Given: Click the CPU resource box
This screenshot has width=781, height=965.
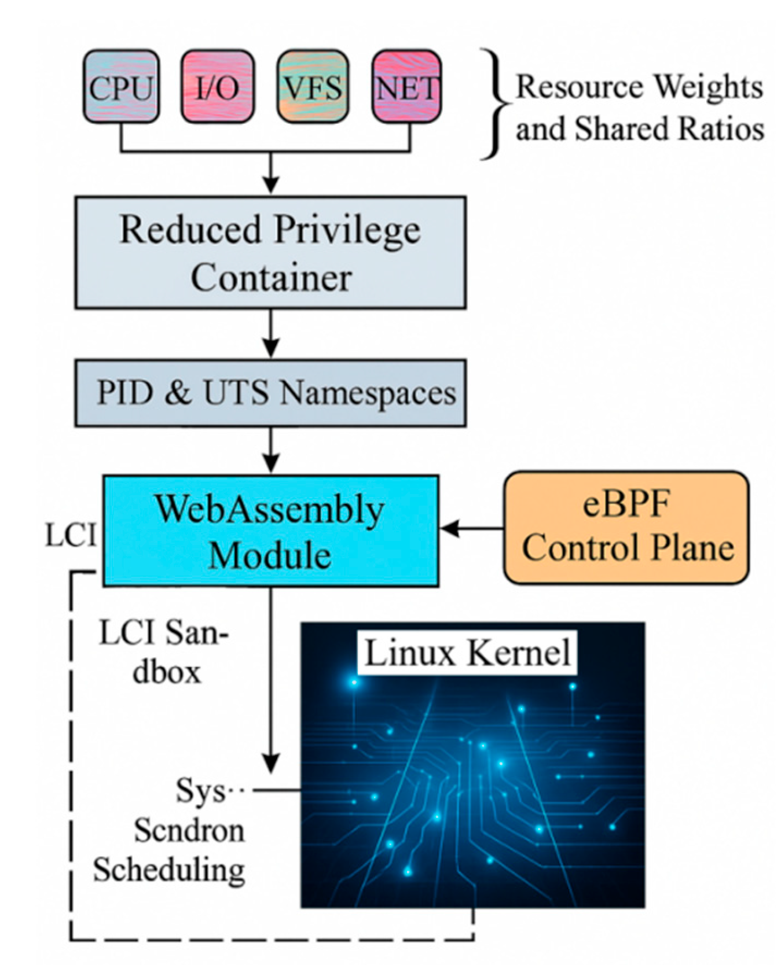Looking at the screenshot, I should pyautogui.click(x=120, y=87).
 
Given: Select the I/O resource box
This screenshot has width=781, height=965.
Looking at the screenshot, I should pyautogui.click(x=217, y=87).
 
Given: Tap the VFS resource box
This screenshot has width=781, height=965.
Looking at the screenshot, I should pyautogui.click(x=313, y=87).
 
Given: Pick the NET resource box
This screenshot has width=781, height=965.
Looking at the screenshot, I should pyautogui.click(x=406, y=87).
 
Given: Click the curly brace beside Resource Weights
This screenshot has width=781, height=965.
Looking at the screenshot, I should pyautogui.click(x=496, y=104).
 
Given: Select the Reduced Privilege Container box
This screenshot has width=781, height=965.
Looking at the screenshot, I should pyautogui.click(x=270, y=252).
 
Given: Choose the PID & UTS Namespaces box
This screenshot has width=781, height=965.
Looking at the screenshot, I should pyautogui.click(x=270, y=393).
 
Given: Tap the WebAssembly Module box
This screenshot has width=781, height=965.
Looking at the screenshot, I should pyautogui.click(x=270, y=531).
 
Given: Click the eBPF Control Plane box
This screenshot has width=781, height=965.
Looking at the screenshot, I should pyautogui.click(x=626, y=528).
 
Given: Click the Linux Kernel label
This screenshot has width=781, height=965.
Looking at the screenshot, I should pyautogui.click(x=467, y=653).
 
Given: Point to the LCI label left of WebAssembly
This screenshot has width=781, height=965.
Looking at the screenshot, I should pyautogui.click(x=70, y=536).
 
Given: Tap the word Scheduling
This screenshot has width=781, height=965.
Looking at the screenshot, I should pyautogui.click(x=169, y=869).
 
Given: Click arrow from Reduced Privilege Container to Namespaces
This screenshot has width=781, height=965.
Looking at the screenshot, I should pyautogui.click(x=270, y=333).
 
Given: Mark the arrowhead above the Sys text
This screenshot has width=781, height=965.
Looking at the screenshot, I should pyautogui.click(x=270, y=763).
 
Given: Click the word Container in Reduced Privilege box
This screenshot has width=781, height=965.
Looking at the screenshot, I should pyautogui.click(x=271, y=278).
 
